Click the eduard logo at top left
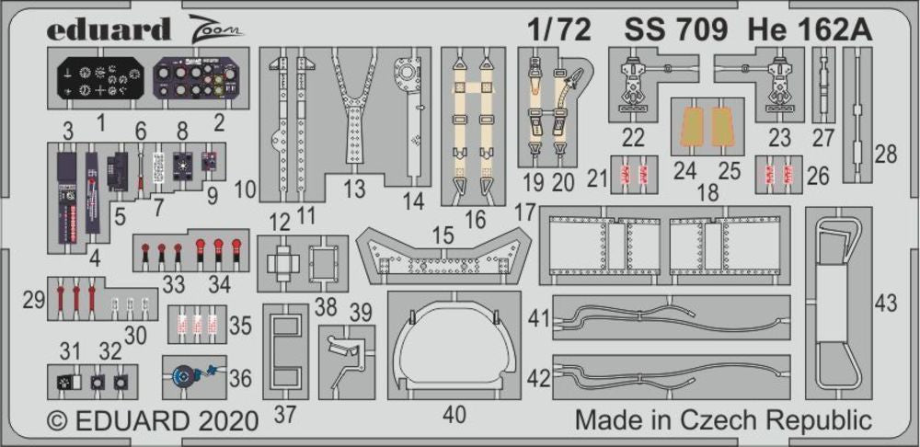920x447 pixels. click(108, 29)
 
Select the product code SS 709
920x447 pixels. click(676, 29)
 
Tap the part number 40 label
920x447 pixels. click(454, 415)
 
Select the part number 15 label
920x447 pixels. click(443, 236)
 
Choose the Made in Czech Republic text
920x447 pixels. click(722, 420)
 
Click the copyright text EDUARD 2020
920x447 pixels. click(153, 421)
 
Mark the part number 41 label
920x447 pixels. click(539, 321)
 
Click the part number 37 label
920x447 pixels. click(285, 415)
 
